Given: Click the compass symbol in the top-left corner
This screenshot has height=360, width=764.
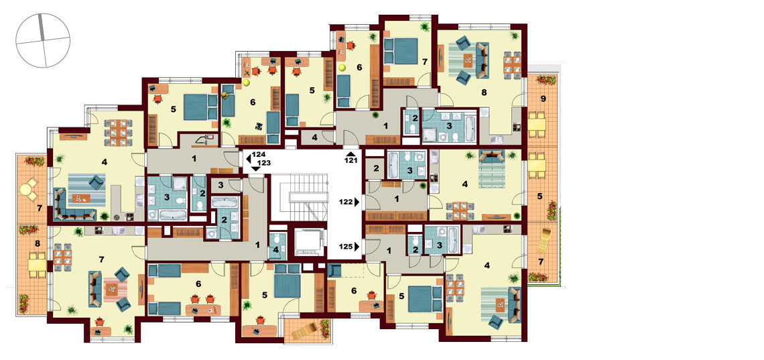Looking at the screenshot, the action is coord(43,40).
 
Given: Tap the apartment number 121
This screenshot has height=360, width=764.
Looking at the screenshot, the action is coord(352,160).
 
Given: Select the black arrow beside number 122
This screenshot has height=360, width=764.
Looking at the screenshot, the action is coord(358,200).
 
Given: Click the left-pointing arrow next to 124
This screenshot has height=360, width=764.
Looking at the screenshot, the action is coord(249,158).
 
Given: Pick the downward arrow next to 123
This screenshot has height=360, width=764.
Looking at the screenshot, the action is coord(255,168).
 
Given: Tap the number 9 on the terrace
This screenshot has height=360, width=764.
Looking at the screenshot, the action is coord(544,99).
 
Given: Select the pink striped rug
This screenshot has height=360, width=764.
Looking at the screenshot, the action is coord(115,290).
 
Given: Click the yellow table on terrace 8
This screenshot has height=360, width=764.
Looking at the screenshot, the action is coord(37,265).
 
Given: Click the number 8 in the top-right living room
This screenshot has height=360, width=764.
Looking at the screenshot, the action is coord(485,92).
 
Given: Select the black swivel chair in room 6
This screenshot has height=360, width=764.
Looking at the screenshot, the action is coord(258,127).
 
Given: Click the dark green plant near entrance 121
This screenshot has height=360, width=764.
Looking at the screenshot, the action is coord(376,115).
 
